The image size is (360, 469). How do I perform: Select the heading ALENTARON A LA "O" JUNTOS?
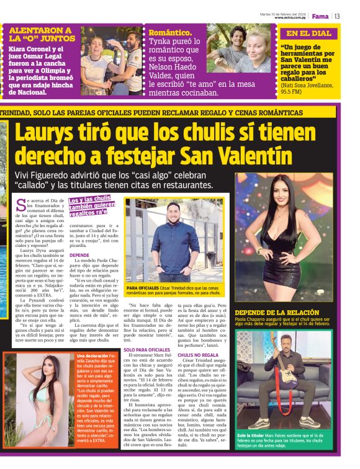pyautogui.click(x=40, y=34)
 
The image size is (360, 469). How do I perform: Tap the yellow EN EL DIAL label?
pyautogui.click(x=308, y=33)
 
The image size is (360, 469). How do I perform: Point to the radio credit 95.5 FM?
pyautogui.click(x=294, y=91)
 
